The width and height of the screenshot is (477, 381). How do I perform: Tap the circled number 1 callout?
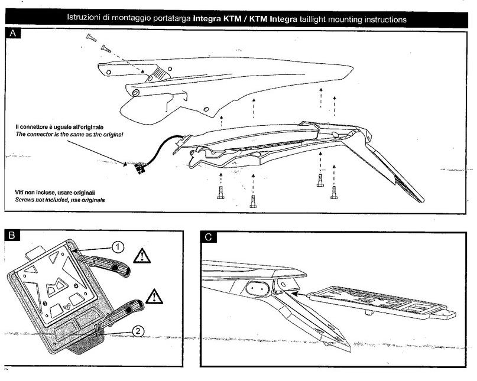point(118,247)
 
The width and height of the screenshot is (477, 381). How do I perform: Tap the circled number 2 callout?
point(136,331)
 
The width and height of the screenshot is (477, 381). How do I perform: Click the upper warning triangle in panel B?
point(142,256)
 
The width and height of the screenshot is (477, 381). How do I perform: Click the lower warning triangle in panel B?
point(153,295)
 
